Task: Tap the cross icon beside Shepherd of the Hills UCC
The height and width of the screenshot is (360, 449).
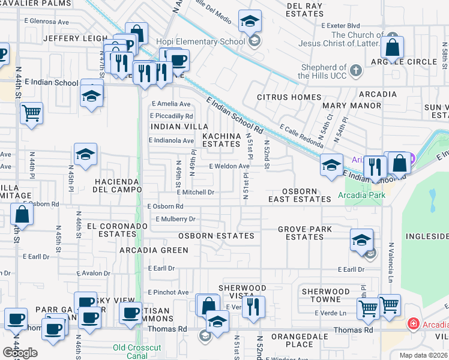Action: coord(356,71)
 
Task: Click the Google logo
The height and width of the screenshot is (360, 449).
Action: coord(20,353)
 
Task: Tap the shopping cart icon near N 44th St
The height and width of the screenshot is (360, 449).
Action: coord(31,113)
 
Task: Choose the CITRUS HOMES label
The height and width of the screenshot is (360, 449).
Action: coord(289,97)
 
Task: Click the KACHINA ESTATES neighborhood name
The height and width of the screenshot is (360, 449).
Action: coord(221,140)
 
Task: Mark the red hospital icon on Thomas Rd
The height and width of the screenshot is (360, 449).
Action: coord(413,325)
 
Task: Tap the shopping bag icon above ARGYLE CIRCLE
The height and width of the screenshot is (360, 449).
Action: coord(392,48)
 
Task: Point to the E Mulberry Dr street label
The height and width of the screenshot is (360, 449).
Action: coord(175,220)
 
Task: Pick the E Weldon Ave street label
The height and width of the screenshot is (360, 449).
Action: coord(229,166)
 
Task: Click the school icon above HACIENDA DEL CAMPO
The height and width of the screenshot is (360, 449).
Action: coord(85,155)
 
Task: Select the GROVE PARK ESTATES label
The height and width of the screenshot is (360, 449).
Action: coord(305,233)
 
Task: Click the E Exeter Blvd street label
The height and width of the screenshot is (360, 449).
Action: coord(340,26)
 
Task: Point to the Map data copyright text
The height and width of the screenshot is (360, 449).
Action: coord(423,355)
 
